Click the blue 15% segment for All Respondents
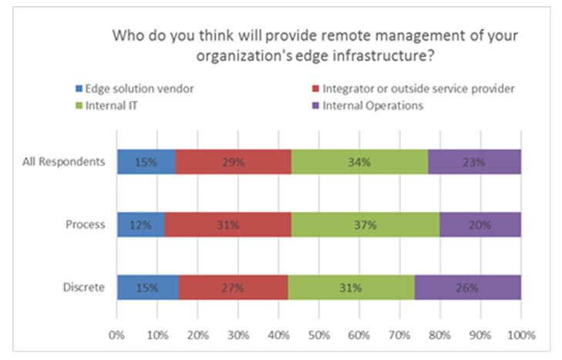[146, 162]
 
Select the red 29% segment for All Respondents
[234, 162]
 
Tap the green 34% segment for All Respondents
[359, 162]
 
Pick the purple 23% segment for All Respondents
[475, 162]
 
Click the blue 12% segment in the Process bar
[141, 224]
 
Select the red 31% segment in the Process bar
[228, 224]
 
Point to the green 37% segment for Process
[365, 224]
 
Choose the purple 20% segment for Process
[480, 224]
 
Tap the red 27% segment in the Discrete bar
[234, 288]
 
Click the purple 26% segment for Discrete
[468, 288]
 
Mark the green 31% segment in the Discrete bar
[352, 288]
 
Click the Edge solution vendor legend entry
[135, 89]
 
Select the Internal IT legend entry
[106, 106]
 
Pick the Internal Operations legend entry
[368, 106]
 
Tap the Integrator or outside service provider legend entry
[414, 89]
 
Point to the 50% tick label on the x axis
[319, 335]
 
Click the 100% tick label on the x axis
[521, 335]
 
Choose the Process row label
[86, 224]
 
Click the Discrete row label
[84, 288]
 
